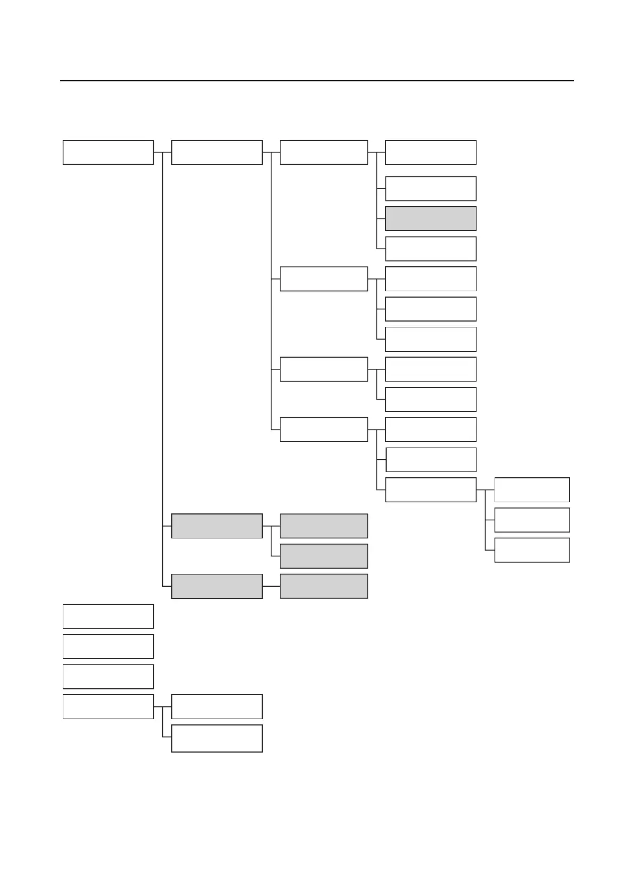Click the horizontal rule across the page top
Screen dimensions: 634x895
point(317,81)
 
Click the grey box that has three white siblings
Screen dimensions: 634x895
point(430,218)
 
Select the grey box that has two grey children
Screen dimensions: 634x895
point(216,526)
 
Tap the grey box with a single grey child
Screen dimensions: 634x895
point(216,586)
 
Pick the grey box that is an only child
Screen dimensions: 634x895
point(323,586)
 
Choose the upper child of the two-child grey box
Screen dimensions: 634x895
point(323,526)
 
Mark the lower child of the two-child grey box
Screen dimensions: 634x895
point(323,556)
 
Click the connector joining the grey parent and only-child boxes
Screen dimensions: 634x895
point(271,586)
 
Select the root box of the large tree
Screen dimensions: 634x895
point(108,152)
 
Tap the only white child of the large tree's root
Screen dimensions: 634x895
point(216,152)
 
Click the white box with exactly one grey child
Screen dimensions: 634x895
point(323,152)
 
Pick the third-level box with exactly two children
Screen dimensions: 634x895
point(323,369)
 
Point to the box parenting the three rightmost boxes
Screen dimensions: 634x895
point(430,489)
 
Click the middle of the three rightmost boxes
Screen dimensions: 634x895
point(532,520)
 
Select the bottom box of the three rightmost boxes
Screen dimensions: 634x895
point(532,550)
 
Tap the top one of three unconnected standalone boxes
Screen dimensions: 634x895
point(108,616)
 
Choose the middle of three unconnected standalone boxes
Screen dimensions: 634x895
point(108,646)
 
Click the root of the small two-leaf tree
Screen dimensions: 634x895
point(108,706)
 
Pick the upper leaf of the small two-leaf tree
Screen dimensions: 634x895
point(216,706)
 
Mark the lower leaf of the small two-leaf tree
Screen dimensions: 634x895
point(216,738)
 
